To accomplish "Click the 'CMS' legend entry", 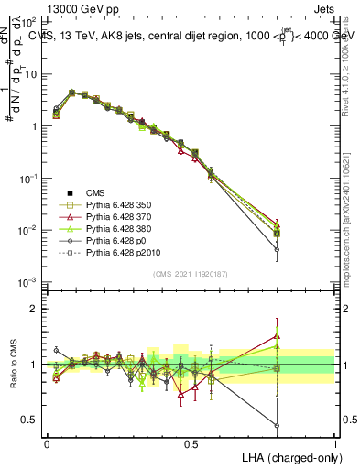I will (95, 192).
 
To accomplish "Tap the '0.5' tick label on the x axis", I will (191, 442).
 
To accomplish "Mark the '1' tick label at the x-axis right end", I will (334, 442).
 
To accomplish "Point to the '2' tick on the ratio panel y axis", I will (34, 309).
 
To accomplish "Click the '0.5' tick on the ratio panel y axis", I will (29, 420).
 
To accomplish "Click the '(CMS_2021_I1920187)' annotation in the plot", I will (191, 272).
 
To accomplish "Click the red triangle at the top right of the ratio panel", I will (277, 335).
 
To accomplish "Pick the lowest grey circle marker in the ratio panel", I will (277, 425).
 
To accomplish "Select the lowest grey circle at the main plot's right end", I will (277, 248).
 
